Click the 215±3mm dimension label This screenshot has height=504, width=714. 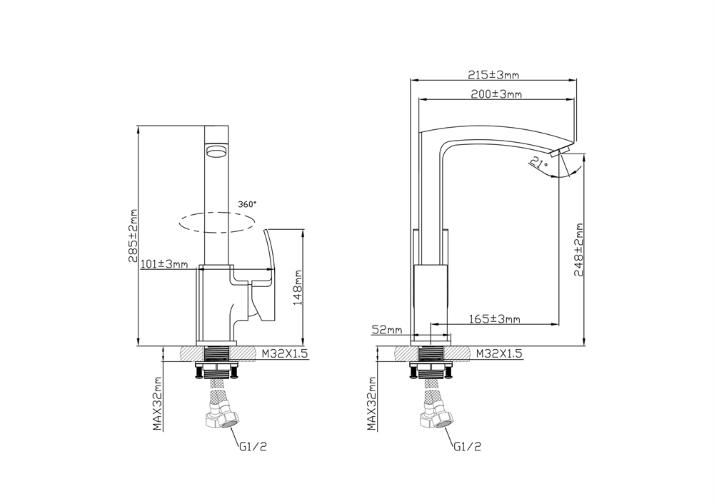[493, 75]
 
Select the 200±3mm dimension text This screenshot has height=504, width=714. [496, 94]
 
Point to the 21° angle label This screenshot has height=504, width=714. [539, 163]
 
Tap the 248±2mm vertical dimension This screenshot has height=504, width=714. [579, 249]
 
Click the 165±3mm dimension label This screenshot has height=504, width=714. [494, 318]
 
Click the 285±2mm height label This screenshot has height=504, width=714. [133, 236]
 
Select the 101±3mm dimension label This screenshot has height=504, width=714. [164, 263]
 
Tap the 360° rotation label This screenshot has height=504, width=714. [247, 204]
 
